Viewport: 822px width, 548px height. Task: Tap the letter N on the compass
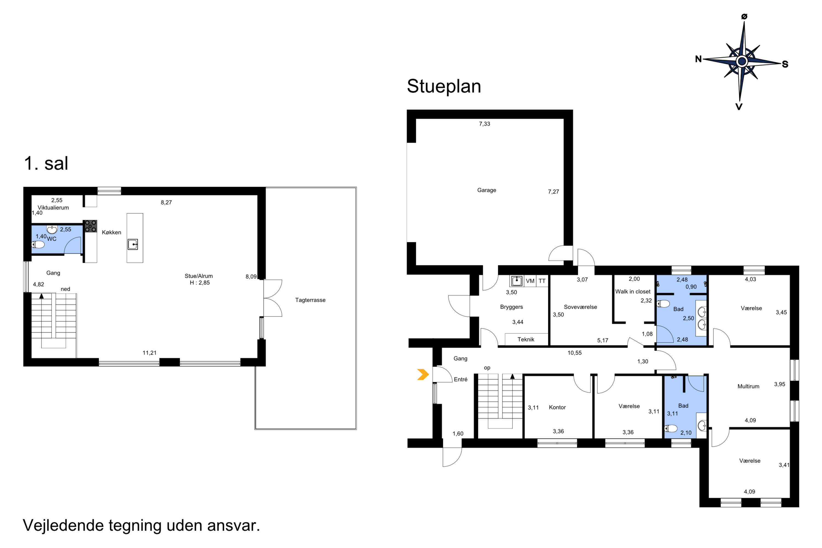(698, 59)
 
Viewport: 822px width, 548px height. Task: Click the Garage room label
(487, 190)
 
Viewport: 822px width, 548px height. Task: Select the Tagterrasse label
(310, 300)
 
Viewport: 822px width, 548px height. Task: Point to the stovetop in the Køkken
(90, 226)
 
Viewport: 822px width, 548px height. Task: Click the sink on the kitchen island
(133, 244)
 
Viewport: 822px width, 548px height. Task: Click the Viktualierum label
(53, 208)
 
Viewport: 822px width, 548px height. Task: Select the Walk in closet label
(633, 292)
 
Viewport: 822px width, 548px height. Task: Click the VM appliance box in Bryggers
(530, 281)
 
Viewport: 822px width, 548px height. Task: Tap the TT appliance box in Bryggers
(542, 281)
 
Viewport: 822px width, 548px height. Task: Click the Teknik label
(526, 339)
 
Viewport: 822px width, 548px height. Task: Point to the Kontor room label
(557, 407)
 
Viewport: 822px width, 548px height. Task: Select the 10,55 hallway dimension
(575, 353)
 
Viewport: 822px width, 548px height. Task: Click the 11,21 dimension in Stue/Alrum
(150, 353)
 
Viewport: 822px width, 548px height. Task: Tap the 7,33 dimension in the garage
(484, 124)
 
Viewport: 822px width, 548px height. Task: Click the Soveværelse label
(581, 307)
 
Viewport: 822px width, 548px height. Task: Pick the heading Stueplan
(444, 86)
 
